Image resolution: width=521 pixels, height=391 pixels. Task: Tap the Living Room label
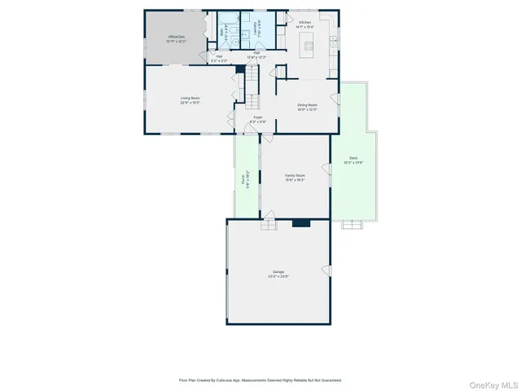click(190, 99)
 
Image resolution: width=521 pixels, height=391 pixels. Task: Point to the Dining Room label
click(307, 105)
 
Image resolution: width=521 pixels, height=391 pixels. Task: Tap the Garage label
click(278, 275)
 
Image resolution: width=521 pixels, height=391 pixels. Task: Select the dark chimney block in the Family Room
click(301, 222)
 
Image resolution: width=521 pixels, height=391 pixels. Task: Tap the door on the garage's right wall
click(331, 269)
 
